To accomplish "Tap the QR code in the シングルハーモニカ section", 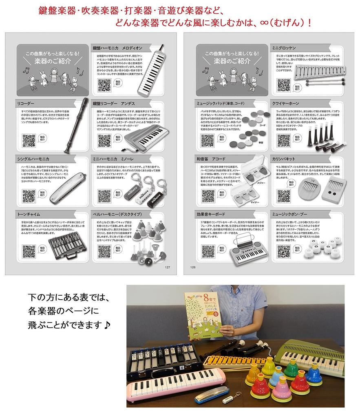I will pos(29,196).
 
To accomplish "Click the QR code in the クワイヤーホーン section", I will pos(284,140).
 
